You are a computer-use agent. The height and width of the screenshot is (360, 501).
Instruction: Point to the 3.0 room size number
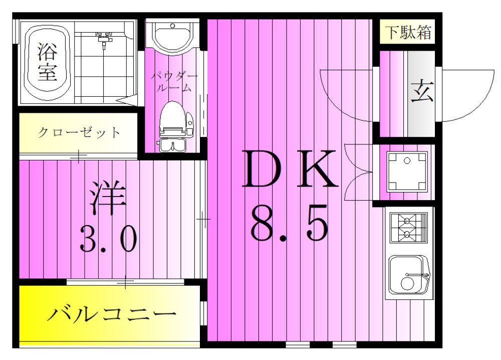pos(108,239)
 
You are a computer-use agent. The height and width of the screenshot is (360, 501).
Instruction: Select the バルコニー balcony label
pos(112,314)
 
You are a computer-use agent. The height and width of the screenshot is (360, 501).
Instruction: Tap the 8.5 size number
pos(289,223)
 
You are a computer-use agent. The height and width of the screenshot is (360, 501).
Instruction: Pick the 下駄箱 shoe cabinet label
pos(407,33)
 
